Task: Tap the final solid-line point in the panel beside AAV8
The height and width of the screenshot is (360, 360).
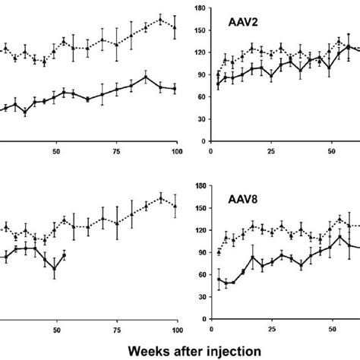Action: (x=65, y=254)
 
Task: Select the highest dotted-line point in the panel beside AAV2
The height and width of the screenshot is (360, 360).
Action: (x=161, y=19)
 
